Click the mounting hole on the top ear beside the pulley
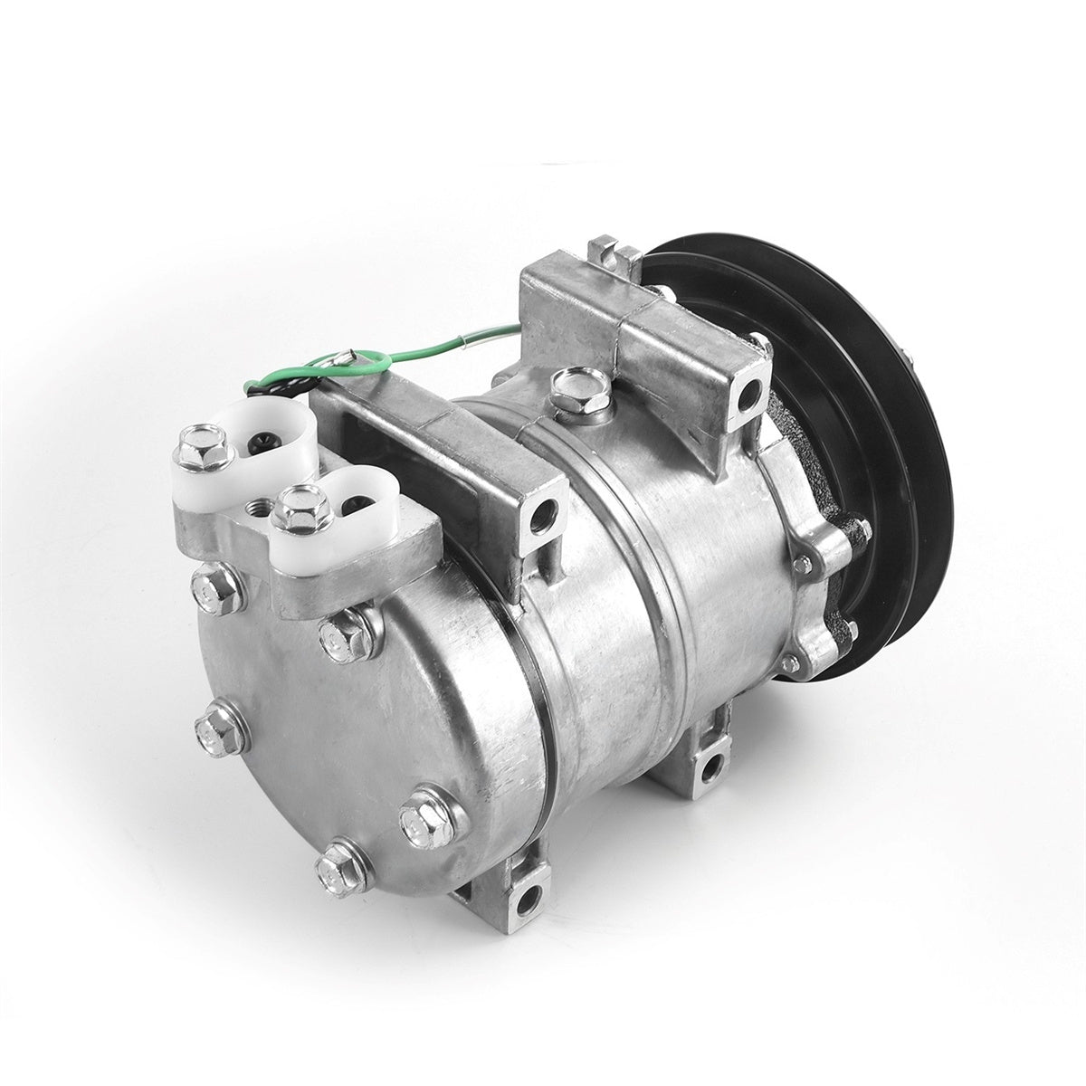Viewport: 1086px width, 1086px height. tap(750, 392)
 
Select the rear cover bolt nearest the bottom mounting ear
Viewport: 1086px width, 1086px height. tap(420, 819)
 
